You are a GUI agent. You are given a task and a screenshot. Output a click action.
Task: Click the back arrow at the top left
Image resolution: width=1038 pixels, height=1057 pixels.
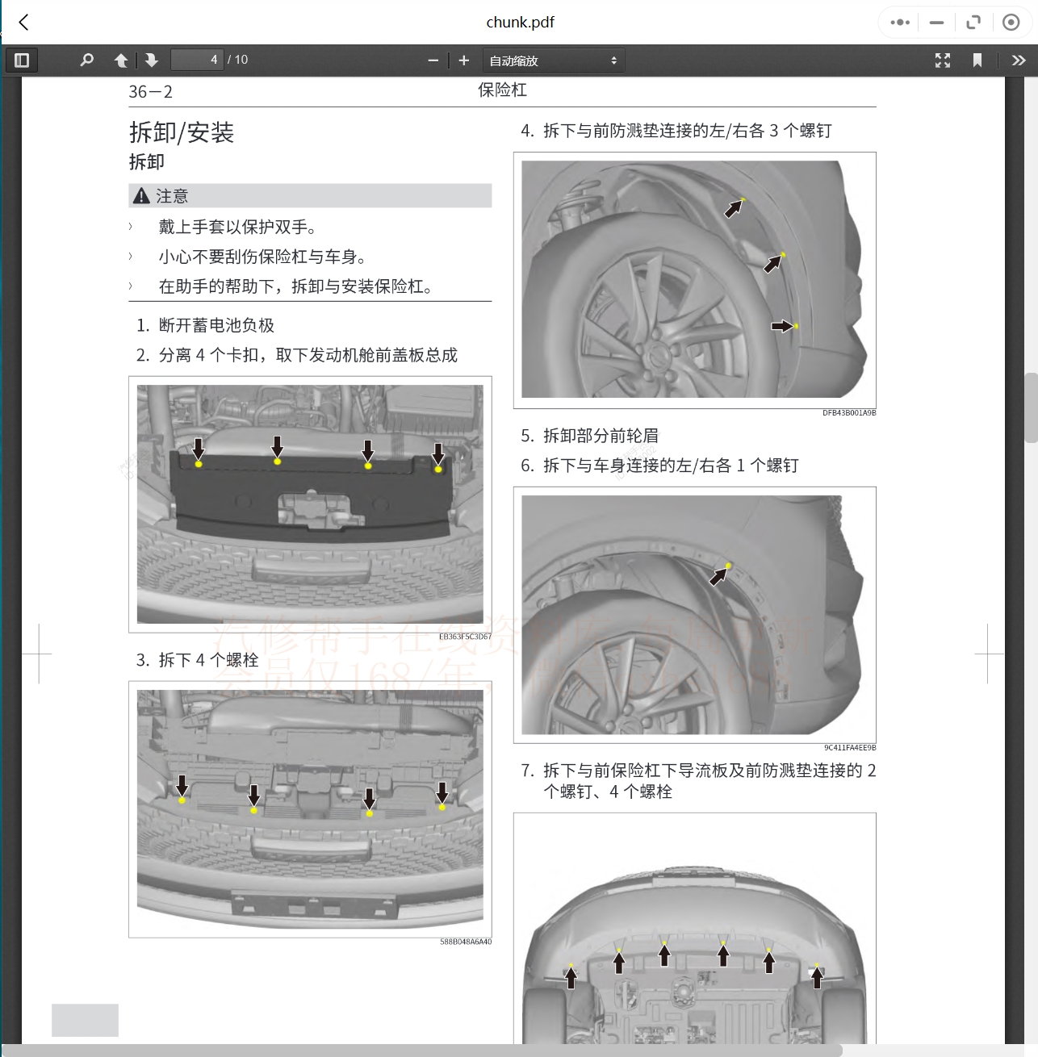23,23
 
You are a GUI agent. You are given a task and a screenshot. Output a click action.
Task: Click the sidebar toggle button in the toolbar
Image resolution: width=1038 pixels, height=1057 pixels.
22,61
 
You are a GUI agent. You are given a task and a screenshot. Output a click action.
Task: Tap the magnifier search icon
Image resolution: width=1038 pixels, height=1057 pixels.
87,61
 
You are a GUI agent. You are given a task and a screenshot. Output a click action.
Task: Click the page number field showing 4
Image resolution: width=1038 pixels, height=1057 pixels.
197,60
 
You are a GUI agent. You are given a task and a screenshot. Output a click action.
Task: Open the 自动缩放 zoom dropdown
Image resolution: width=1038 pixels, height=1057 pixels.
554,61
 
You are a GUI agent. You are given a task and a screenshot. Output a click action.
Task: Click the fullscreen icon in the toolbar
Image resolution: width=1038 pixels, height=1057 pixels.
943,61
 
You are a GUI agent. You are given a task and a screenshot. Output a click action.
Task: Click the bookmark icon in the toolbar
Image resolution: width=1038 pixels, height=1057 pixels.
977,61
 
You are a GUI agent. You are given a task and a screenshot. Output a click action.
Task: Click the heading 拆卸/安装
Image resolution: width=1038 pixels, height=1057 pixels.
182,132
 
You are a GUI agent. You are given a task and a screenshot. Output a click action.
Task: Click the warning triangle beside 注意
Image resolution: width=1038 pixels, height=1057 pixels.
141,196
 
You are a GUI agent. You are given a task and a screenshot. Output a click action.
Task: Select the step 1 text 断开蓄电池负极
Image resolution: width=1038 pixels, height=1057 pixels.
216,325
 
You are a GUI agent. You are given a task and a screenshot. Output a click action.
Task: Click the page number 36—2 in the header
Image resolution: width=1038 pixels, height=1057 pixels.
151,92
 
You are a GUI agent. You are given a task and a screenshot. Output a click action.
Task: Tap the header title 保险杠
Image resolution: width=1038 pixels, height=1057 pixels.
502,90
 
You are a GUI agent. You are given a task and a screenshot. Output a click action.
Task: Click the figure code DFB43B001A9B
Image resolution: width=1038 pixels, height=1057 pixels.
849,413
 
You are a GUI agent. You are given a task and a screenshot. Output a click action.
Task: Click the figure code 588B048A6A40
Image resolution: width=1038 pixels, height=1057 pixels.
465,942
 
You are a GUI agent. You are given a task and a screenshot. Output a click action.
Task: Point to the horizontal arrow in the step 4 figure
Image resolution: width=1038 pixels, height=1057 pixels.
781,326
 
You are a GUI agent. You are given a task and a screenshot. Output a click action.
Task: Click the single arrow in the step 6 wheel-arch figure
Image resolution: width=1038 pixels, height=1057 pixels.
718,576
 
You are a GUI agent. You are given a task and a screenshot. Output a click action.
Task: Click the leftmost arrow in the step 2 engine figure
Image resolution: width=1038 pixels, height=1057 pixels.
199,449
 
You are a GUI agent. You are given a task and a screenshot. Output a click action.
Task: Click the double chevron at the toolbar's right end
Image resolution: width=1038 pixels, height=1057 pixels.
1019,61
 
